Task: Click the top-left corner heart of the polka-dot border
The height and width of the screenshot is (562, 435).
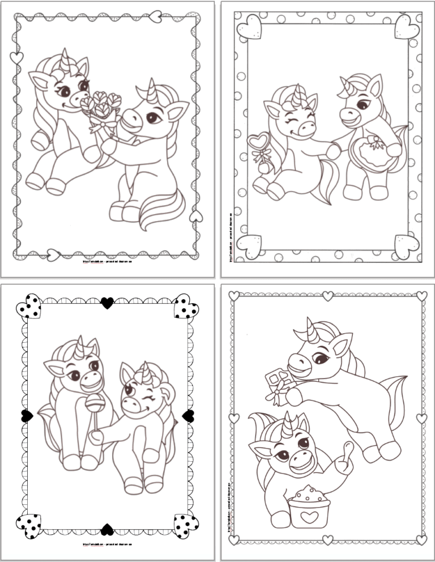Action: pos(247,25)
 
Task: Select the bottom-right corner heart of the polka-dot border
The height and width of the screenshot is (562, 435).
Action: pos(407,245)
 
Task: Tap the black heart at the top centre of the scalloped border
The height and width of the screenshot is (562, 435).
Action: pos(107,304)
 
